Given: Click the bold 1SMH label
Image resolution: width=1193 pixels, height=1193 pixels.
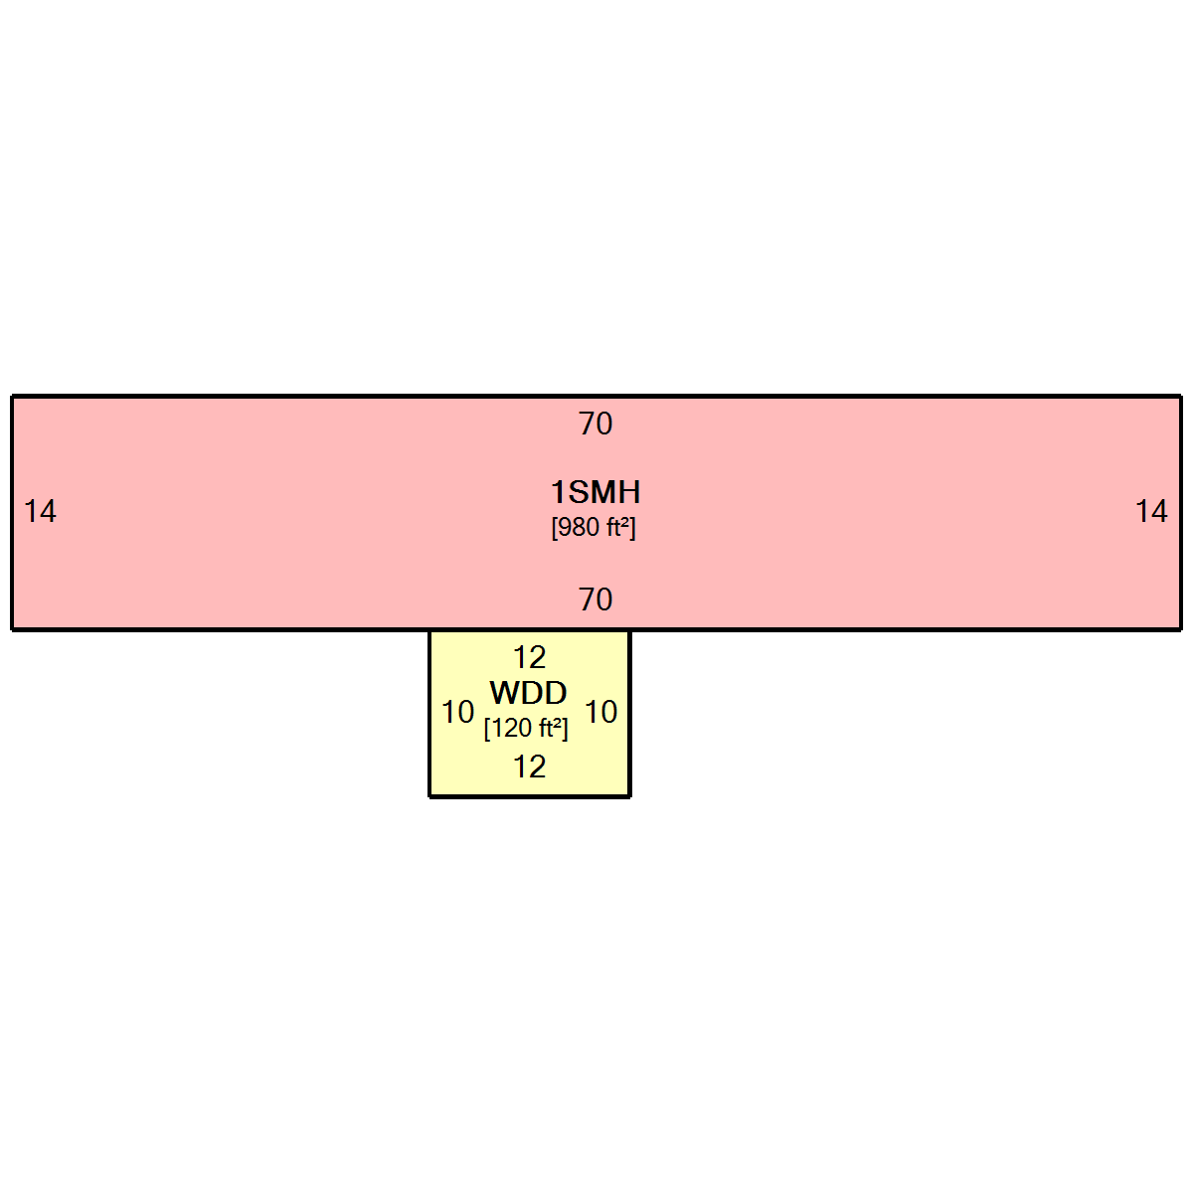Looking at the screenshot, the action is [x=595, y=493].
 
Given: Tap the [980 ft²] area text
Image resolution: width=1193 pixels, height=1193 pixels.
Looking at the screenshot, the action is [x=594, y=528].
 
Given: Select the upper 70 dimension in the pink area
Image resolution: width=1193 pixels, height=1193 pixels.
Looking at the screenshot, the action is [x=596, y=425].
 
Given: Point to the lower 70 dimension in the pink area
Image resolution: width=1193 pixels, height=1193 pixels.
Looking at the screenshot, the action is [x=596, y=599].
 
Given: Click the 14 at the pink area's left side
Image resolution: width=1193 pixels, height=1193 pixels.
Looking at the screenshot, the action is [x=40, y=511].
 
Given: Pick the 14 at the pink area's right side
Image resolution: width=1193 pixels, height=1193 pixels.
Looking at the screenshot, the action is [x=1151, y=511].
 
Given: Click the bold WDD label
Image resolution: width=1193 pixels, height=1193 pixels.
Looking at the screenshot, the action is [x=528, y=693].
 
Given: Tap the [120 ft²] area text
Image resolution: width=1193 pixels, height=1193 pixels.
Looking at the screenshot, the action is [x=526, y=728].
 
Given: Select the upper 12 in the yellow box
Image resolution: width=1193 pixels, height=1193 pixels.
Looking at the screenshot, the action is [x=530, y=657].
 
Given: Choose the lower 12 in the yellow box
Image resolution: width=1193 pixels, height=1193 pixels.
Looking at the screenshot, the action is [x=530, y=767].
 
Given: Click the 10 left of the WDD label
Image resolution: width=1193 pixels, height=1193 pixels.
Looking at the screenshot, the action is [x=458, y=712].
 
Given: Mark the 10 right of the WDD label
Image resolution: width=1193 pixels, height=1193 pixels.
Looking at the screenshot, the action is [x=601, y=712].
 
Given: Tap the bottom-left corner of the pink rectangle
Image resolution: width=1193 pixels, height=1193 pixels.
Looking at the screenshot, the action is [x=12, y=629].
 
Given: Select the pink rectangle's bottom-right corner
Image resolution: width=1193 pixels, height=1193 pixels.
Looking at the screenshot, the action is [x=1181, y=629].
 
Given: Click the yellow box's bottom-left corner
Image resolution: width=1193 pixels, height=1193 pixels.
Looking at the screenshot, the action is [x=430, y=796].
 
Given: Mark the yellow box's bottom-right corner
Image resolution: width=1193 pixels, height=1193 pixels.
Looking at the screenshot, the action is [x=629, y=796].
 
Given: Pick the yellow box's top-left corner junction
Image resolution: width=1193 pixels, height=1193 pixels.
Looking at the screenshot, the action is [x=430, y=629].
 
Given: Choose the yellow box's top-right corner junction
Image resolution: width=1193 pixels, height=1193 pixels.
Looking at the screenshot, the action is [x=629, y=629].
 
